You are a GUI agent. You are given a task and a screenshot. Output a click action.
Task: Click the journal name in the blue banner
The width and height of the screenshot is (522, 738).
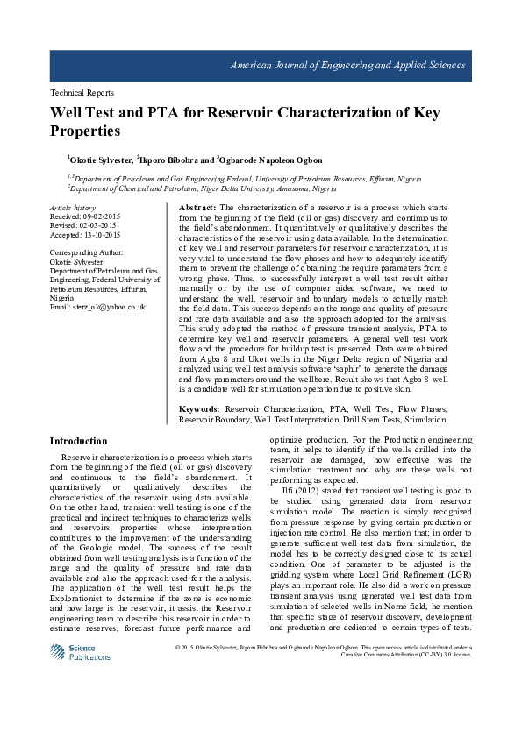[x=347, y=66]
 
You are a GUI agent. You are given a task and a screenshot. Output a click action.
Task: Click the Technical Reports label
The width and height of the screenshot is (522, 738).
[x=82, y=92]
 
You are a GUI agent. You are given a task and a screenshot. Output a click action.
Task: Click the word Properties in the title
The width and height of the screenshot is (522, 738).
[x=85, y=131]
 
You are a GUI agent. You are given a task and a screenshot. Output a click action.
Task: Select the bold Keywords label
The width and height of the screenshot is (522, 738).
[x=199, y=409]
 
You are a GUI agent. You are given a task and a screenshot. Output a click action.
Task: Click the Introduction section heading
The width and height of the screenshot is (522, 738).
[x=78, y=441]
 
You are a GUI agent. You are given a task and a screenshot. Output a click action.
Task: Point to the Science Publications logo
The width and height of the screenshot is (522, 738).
[x=80, y=651]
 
